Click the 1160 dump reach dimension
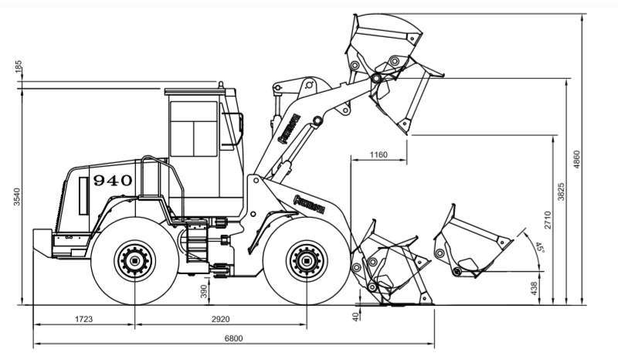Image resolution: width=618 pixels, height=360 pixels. pos(379,155)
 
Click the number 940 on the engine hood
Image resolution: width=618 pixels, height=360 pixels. pos(113,181)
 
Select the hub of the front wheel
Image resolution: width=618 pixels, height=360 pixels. pos(307,261)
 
